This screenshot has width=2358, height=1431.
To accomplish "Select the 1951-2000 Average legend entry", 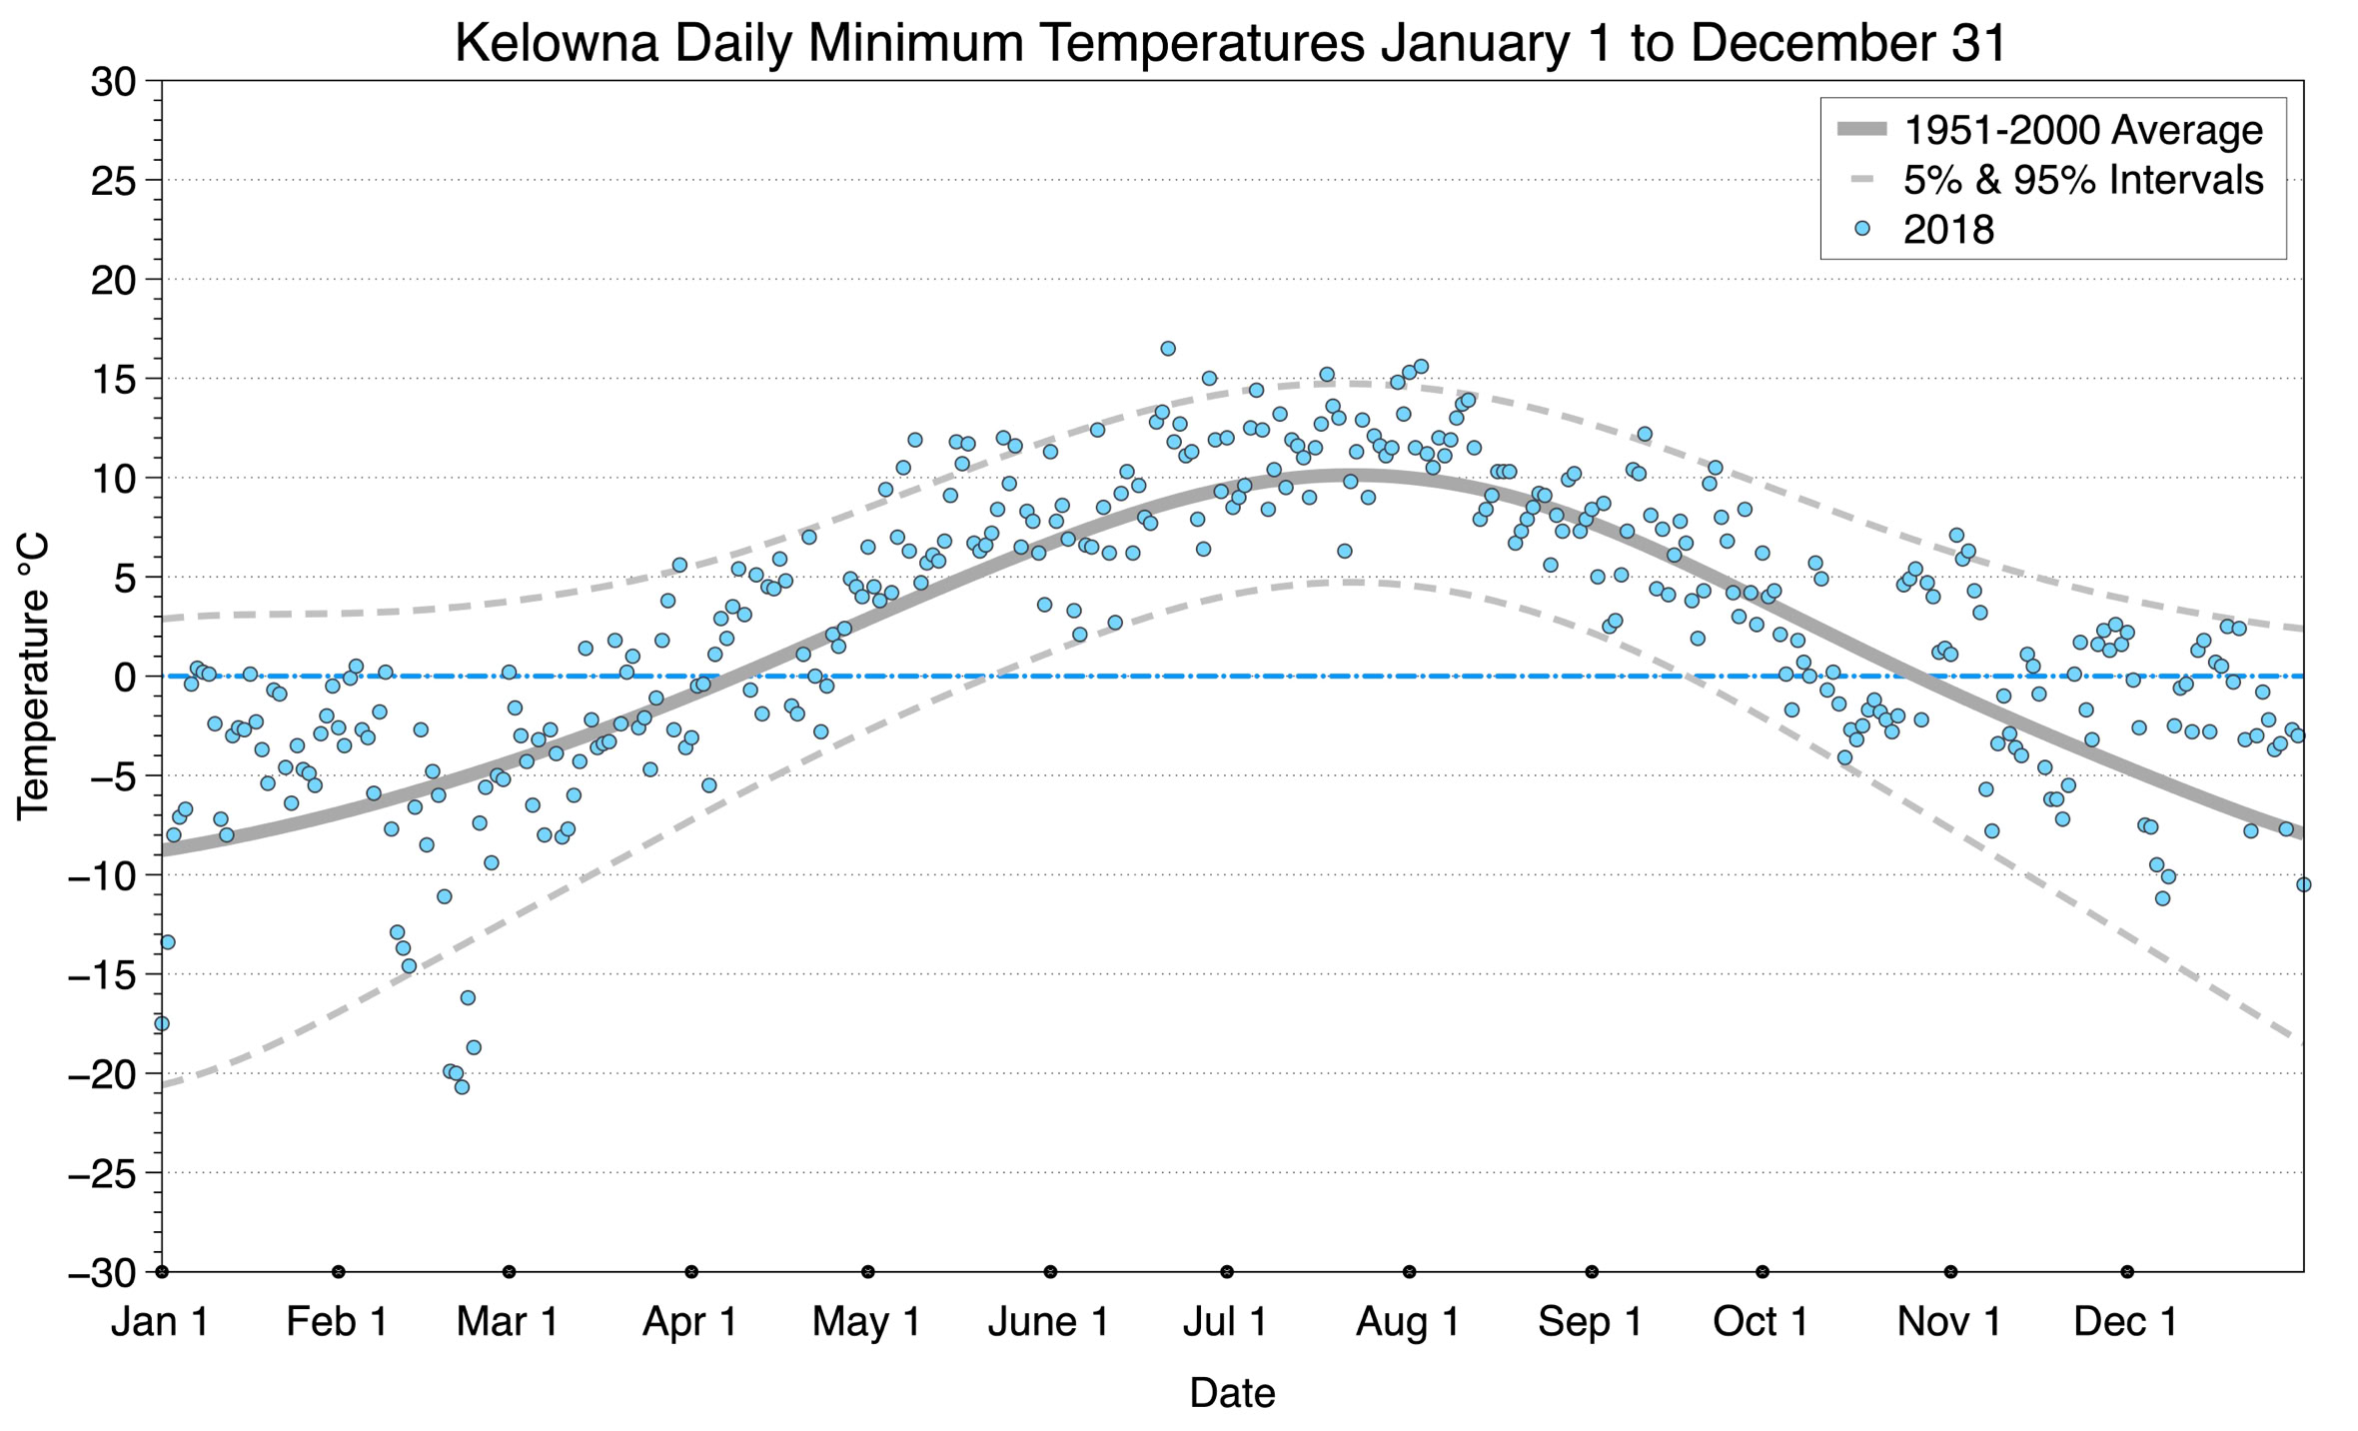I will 2082,130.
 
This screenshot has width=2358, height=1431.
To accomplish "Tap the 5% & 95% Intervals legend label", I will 2082,180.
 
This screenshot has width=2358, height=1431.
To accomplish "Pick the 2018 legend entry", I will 1947,230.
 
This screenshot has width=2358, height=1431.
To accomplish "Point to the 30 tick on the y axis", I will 112,81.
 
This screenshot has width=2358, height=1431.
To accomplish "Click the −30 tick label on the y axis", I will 101,1273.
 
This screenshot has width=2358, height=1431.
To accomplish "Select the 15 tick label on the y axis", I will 112,379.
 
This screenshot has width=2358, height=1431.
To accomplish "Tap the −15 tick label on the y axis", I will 101,975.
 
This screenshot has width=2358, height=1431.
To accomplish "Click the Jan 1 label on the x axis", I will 160,1322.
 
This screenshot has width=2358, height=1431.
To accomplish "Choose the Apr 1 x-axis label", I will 689,1322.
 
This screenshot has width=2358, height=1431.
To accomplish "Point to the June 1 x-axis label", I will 1048,1322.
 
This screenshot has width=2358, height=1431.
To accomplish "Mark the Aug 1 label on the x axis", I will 1407,1322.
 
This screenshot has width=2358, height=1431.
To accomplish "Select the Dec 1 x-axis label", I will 2125,1322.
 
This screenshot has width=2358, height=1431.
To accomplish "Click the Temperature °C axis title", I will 33,677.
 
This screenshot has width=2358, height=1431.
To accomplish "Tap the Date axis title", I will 1232,1393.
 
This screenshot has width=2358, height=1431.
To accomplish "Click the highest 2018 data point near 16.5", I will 1168,349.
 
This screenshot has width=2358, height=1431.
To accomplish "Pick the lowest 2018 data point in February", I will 462,1087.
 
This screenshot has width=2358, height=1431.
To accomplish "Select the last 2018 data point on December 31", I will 2303,884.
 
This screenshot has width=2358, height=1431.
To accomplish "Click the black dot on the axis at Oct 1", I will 1763,1272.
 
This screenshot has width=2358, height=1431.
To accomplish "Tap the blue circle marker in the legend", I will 1861,229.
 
